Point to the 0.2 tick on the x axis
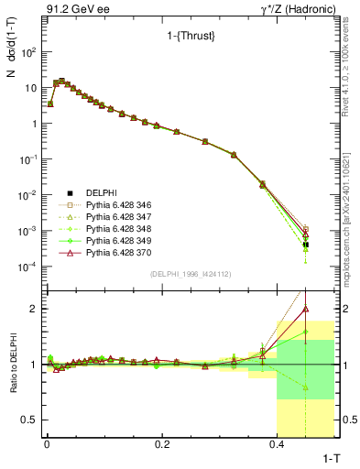[x=162, y=443]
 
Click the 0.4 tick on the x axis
[x=278, y=443]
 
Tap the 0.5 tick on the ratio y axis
[x=30, y=420]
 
